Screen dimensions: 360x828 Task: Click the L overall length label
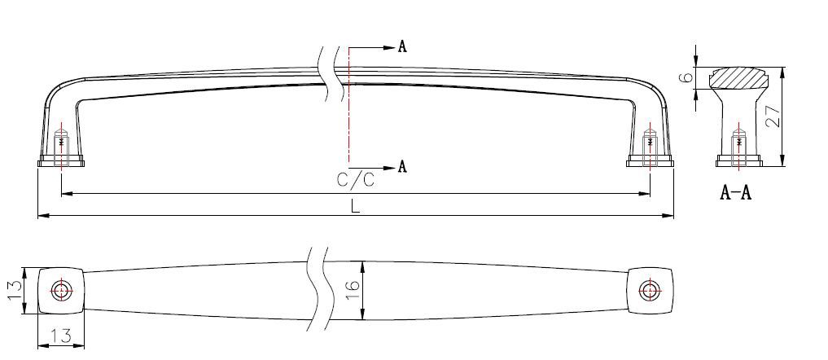355,206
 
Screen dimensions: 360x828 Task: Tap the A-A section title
735,193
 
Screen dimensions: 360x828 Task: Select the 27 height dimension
773,116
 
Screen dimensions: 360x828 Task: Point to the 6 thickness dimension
686,78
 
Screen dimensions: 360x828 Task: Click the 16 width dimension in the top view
353,290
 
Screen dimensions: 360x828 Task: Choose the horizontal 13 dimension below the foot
61,336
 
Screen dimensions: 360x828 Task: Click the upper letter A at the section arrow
401,46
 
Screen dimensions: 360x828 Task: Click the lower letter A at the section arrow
401,167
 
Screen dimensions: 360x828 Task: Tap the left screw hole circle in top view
61,290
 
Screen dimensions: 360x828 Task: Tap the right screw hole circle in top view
649,290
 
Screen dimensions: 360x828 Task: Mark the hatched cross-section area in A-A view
738,78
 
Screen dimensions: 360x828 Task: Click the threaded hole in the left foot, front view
61,144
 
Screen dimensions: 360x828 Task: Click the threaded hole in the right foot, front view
649,144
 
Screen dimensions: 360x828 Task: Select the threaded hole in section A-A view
738,144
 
